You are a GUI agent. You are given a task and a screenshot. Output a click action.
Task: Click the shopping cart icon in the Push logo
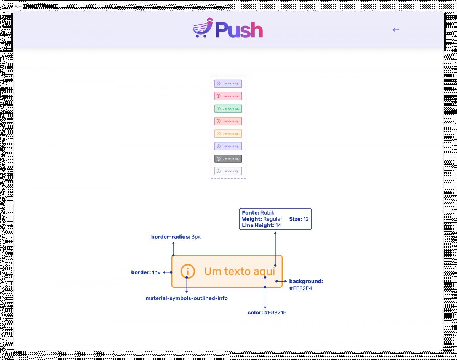coord(202,29)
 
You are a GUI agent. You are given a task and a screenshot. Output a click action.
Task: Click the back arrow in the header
coord(396,30)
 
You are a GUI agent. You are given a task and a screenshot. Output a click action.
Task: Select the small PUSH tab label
coord(18,6)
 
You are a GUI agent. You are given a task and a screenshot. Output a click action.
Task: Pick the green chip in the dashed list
coord(228,108)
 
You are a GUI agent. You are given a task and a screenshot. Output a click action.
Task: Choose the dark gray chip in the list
coord(228,159)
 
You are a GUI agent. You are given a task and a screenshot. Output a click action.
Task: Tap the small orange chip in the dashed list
coord(228,134)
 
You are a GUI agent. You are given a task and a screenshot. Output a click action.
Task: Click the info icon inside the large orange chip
coord(188,271)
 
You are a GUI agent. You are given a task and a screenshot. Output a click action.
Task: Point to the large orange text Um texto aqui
coord(240,271)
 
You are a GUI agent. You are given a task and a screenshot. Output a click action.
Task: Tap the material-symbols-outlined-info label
coord(187,298)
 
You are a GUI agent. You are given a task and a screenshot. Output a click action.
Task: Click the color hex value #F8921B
coord(275,313)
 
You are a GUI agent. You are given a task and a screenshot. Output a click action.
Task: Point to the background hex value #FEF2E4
coord(300,288)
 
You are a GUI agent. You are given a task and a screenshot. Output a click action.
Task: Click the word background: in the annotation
coord(306,282)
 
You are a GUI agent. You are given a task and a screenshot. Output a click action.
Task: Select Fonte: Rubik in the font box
coord(258,213)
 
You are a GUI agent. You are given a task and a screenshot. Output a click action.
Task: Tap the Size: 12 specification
coord(299,219)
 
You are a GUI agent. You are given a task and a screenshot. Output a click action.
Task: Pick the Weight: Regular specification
coord(262,219)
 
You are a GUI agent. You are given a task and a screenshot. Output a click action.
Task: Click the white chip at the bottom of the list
coord(228,171)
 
